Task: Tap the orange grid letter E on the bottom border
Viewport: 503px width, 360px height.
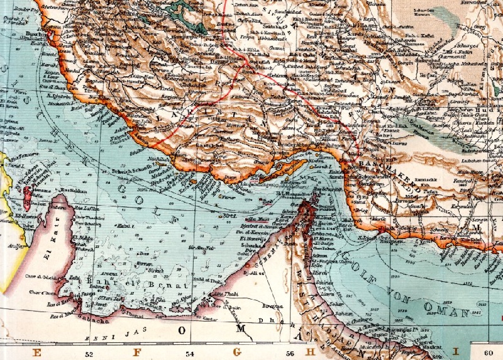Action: click(37, 353)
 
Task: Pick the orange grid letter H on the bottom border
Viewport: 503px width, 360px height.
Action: click(310, 353)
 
